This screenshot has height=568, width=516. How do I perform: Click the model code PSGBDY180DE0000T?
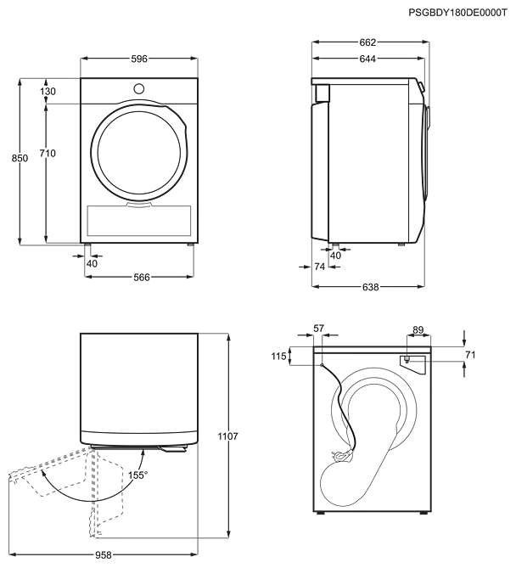tap(457, 13)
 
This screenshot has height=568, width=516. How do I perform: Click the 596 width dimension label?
tap(139, 59)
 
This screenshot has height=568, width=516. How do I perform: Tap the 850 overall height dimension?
tap(20, 158)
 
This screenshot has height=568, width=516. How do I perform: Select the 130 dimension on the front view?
tap(48, 92)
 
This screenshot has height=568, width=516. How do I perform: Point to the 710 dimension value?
tap(48, 154)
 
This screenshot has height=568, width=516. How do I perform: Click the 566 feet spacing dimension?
tap(141, 277)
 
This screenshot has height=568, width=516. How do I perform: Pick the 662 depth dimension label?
tap(367, 42)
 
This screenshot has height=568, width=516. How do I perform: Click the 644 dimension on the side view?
tap(367, 59)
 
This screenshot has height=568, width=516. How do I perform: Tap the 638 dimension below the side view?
tap(370, 287)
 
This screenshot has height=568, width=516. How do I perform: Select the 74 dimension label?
tap(319, 267)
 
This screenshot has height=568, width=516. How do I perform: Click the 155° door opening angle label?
tap(137, 475)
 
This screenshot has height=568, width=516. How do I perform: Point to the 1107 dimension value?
tap(227, 436)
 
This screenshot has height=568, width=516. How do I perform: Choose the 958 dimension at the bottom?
tap(104, 555)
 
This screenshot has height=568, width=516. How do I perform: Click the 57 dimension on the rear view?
tap(318, 329)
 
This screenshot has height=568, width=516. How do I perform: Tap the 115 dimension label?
tap(278, 357)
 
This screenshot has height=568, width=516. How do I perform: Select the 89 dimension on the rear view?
tap(418, 330)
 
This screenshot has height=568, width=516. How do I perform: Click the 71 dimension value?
tap(470, 356)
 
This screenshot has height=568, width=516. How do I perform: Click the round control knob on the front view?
tap(138, 89)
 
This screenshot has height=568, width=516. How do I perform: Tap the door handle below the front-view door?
tap(139, 205)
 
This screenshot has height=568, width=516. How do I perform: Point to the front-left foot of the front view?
tap(87, 245)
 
